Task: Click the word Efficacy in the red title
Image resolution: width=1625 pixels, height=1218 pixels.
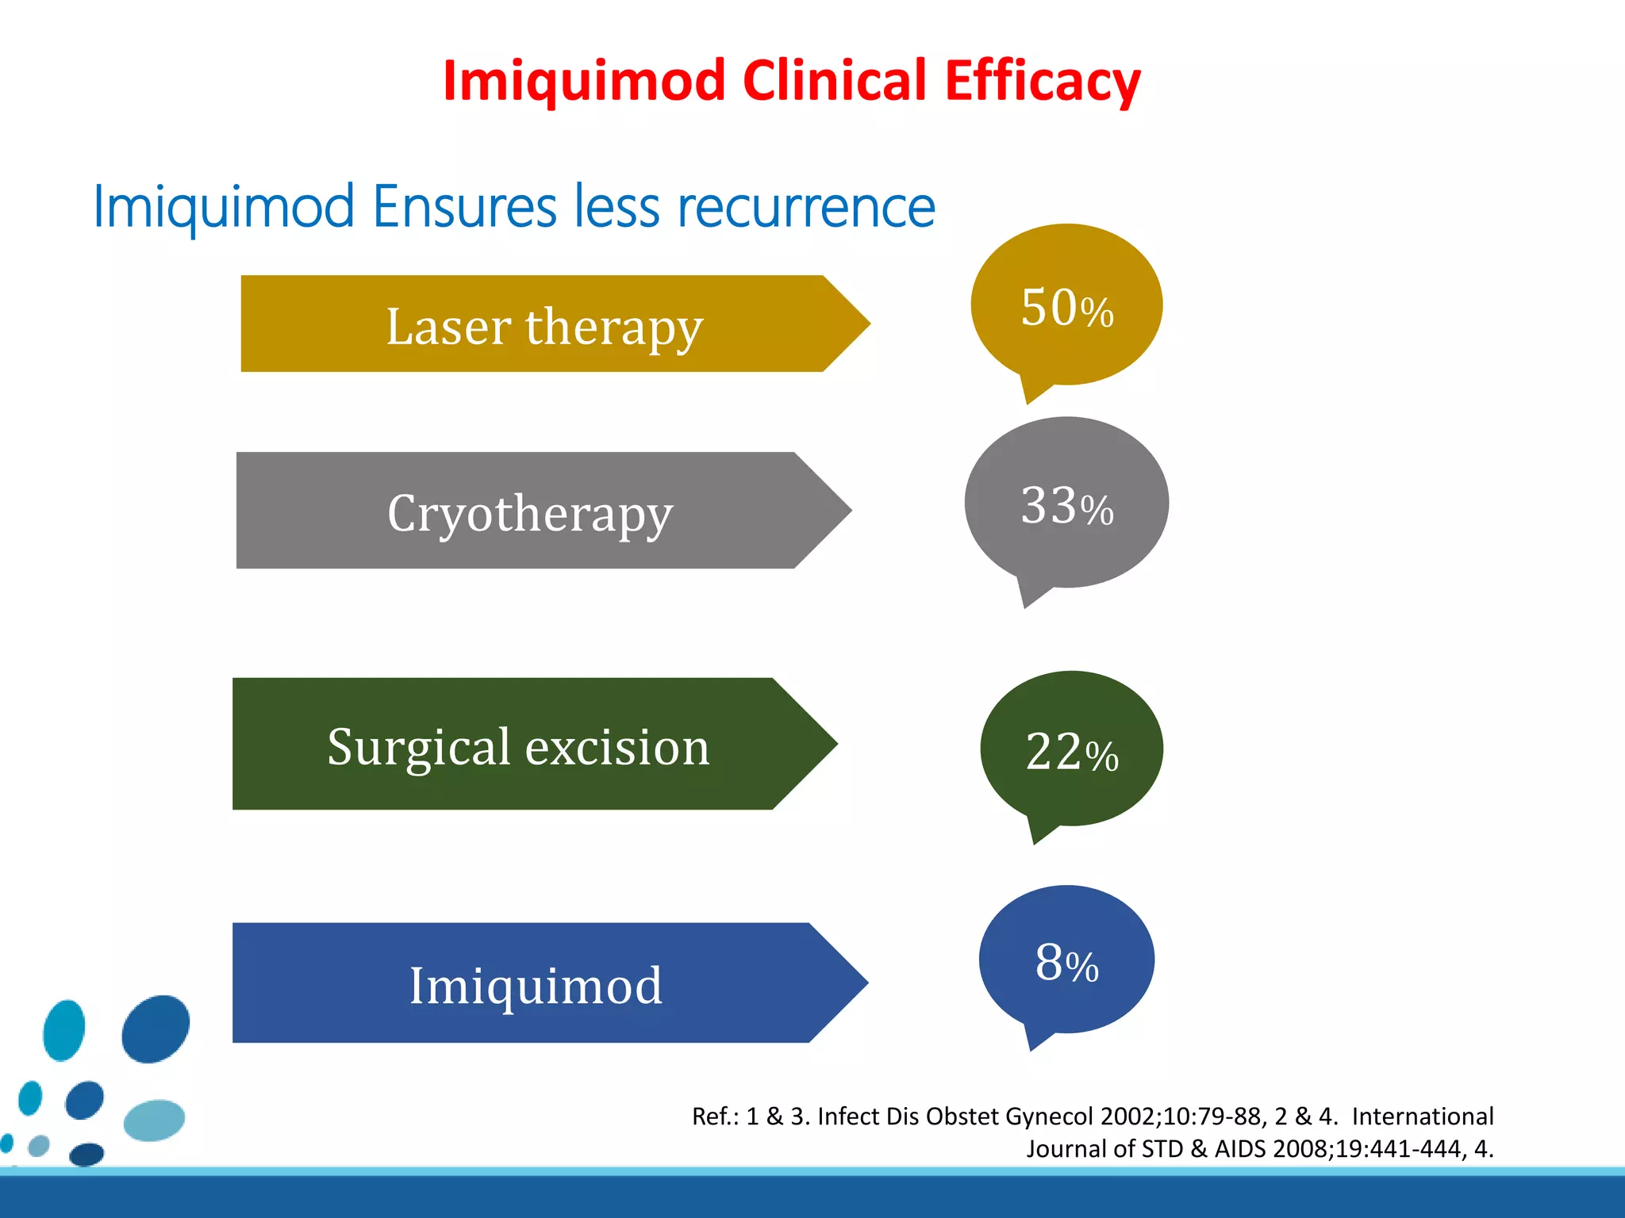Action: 1042,81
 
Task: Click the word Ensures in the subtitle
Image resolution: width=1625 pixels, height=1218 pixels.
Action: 465,207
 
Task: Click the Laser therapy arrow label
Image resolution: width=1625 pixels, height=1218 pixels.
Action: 544,327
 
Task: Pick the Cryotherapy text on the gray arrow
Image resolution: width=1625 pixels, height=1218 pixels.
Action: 530,513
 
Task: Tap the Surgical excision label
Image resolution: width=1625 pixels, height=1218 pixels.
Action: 518,747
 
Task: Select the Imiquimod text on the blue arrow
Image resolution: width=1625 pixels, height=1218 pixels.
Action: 536,986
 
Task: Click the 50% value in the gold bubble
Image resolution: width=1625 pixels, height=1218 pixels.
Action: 1066,308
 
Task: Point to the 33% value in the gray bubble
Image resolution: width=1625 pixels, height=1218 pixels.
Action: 1066,506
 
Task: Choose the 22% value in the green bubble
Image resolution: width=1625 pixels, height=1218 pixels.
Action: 1071,752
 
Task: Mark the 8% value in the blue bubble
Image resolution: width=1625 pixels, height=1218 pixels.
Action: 1066,963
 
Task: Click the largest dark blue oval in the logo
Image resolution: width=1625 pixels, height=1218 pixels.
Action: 156,1028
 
